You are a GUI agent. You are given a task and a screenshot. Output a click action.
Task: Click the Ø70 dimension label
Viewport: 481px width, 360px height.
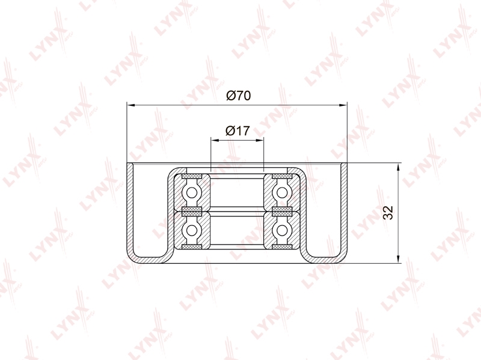point(238,96)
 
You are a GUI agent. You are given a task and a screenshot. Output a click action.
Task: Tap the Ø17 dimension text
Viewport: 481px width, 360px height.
point(237,131)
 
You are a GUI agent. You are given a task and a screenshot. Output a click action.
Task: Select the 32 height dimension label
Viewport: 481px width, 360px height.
point(388,213)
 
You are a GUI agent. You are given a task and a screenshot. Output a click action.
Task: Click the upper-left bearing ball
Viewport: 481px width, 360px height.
point(192,193)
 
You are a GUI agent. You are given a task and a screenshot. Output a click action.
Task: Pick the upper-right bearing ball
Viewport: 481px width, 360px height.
point(282,193)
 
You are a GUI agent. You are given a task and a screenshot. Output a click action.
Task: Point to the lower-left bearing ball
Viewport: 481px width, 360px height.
point(192,230)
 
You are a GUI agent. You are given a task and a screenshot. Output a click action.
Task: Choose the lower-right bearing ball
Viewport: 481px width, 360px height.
point(282,230)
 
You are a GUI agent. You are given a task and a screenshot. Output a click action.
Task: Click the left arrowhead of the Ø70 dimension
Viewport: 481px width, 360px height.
point(131,105)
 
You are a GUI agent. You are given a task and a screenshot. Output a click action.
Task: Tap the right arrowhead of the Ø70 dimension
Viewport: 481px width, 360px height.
point(343,105)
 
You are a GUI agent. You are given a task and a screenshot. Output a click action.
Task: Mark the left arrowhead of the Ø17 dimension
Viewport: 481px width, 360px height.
point(215,141)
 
